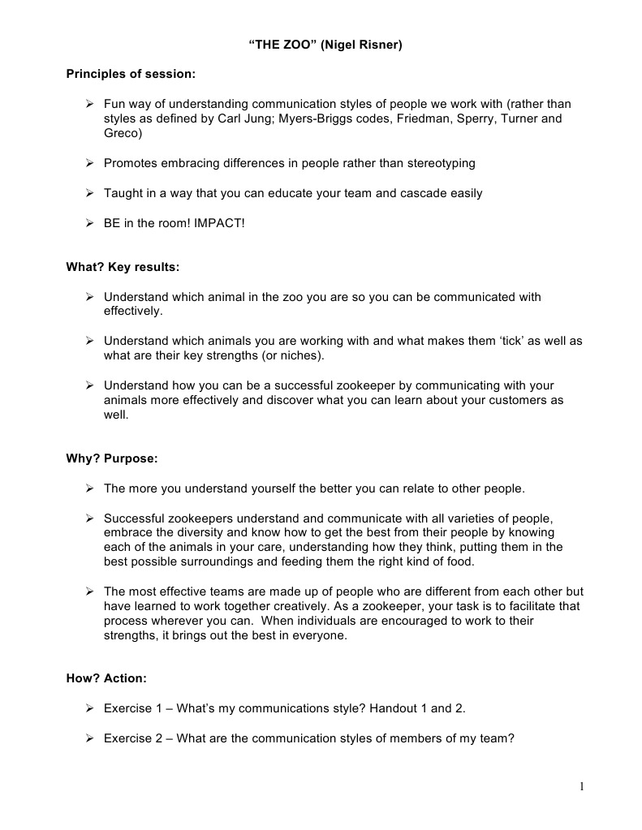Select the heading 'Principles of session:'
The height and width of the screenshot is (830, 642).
click(x=131, y=75)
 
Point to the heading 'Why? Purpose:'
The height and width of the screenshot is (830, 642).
click(x=112, y=458)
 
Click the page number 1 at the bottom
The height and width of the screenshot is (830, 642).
click(x=582, y=785)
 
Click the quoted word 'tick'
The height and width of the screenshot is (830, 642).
click(x=511, y=342)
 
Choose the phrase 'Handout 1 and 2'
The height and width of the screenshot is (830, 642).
click(x=417, y=708)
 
